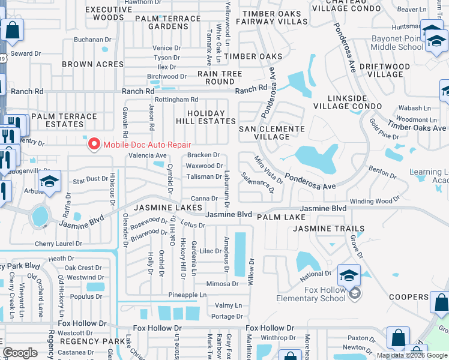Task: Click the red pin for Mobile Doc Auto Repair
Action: (x=94, y=144)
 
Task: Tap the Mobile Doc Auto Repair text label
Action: (x=146, y=145)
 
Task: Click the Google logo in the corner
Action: (x=19, y=353)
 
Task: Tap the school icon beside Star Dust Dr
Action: (x=50, y=182)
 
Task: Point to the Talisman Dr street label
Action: (x=203, y=176)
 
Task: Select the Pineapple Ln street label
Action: (x=187, y=295)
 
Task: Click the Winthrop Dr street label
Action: (x=274, y=337)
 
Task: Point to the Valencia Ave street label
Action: (x=148, y=155)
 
